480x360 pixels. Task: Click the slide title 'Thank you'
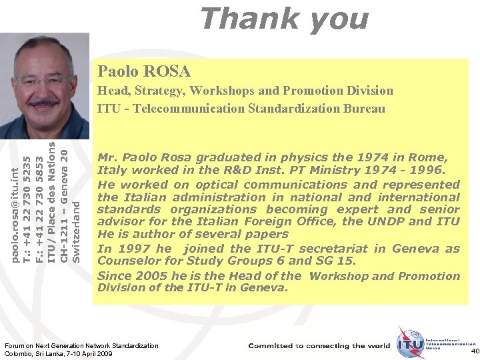pyautogui.click(x=283, y=18)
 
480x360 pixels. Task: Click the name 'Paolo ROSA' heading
pyautogui.click(x=144, y=71)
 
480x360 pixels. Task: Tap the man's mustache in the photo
pyautogui.click(x=45, y=103)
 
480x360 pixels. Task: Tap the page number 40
pyautogui.click(x=473, y=351)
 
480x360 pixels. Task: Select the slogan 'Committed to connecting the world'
pyautogui.click(x=319, y=346)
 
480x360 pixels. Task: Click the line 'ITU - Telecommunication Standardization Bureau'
pyautogui.click(x=241, y=109)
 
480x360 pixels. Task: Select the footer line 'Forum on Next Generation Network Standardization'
pyautogui.click(x=81, y=346)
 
